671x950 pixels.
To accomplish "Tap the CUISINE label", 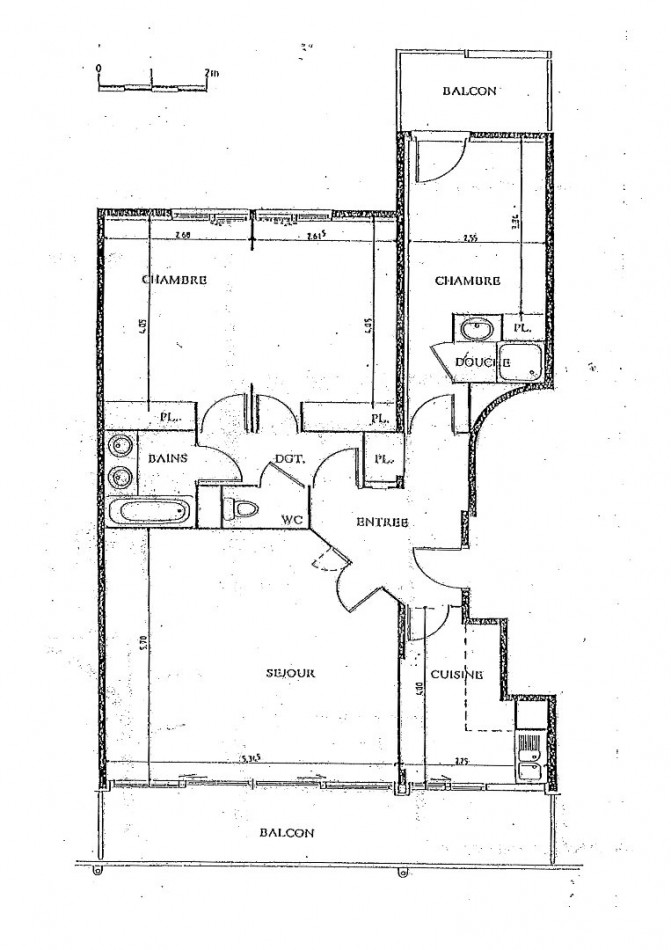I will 456,675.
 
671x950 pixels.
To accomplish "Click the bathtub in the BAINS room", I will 151,513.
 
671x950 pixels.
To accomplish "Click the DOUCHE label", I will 483,361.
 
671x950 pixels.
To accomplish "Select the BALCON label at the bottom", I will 286,832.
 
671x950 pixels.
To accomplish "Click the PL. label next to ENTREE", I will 382,461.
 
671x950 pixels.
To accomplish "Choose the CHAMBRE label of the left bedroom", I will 174,280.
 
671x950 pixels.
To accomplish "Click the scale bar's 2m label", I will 211,72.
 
